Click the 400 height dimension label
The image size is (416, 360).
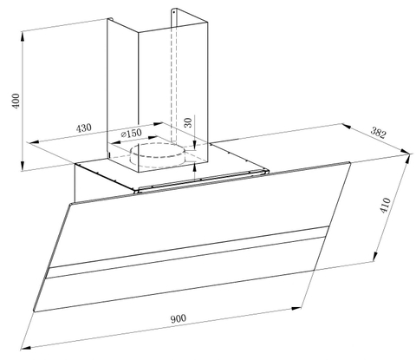tap(16, 101)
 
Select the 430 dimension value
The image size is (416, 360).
tap(83, 128)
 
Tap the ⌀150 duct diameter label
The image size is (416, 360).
tap(132, 134)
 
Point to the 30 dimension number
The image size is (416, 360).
tap(188, 122)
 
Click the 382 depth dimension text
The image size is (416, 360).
tap(378, 133)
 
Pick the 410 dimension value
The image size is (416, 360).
tap(385, 206)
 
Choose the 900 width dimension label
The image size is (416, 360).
tap(179, 318)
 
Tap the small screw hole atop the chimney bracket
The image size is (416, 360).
tap(173, 12)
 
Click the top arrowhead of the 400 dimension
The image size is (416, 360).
tap(23, 36)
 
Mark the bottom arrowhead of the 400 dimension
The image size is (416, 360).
tap(23, 166)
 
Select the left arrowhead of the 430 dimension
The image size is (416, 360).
tap(34, 142)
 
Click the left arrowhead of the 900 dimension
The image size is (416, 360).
tap(25, 348)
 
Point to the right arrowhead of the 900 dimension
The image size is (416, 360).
tap(296, 309)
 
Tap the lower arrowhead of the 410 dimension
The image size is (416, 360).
tap(374, 257)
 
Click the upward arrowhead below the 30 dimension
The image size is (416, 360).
tap(195, 167)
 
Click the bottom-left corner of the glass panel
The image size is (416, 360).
tap(34, 311)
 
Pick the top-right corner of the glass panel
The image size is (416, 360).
tap(350, 163)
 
